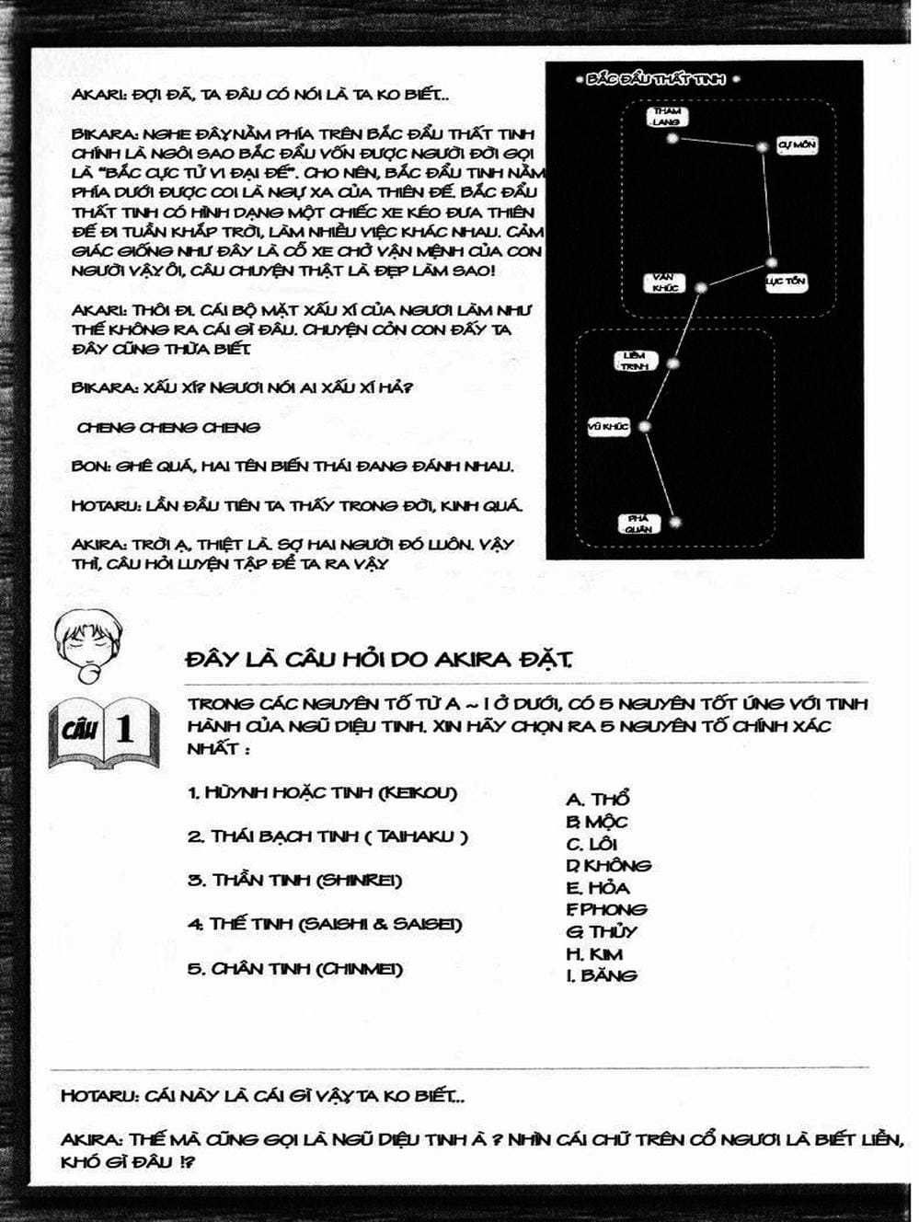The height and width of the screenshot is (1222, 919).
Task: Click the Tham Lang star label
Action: pyautogui.click(x=667, y=117)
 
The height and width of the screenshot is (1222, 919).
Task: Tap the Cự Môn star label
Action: pyautogui.click(x=797, y=145)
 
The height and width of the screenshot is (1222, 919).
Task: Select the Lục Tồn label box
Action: pyautogui.click(x=787, y=281)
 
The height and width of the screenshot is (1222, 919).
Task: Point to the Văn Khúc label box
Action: pyautogui.click(x=664, y=282)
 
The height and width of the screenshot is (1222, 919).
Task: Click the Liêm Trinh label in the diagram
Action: pyautogui.click(x=635, y=361)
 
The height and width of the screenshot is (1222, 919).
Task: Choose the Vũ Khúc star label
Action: pyautogui.click(x=608, y=427)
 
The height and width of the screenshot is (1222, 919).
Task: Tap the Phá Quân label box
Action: pyautogui.click(x=638, y=524)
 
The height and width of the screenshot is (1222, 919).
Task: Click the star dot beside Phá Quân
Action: pyautogui.click(x=676, y=523)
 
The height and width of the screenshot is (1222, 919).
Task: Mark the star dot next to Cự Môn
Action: pyautogui.click(x=762, y=147)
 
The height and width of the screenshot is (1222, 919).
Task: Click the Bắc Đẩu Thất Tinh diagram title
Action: pyautogui.click(x=656, y=80)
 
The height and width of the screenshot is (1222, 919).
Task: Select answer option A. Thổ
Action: pyautogui.click(x=598, y=800)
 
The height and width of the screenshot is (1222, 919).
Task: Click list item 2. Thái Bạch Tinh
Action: pyautogui.click(x=327, y=836)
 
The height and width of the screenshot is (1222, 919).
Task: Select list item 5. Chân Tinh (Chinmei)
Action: pyautogui.click(x=295, y=969)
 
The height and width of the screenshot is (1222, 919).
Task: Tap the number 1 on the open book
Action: pyautogui.click(x=124, y=729)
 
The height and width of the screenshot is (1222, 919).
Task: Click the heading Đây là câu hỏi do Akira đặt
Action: pyautogui.click(x=378, y=660)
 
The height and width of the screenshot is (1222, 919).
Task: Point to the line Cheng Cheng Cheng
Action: pyautogui.click(x=168, y=427)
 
